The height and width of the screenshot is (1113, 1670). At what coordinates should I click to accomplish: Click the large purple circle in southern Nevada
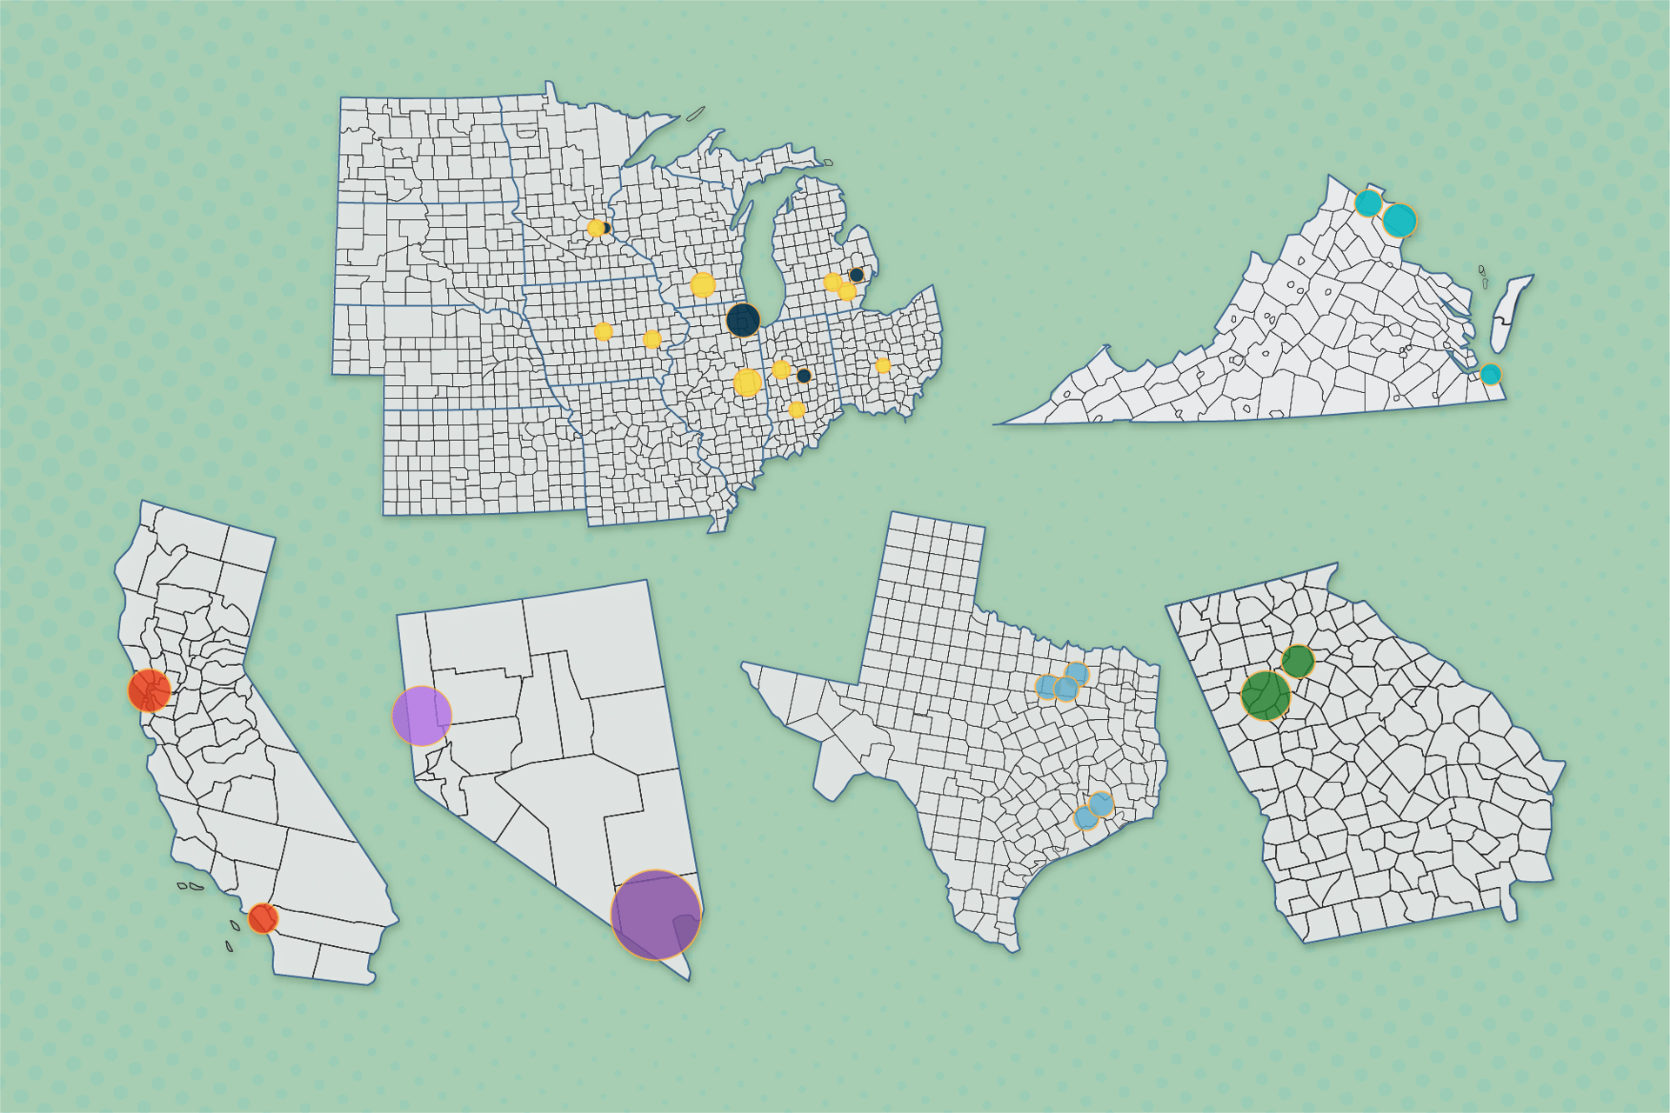pyautogui.click(x=656, y=915)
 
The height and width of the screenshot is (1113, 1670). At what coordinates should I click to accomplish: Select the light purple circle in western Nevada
pyautogui.click(x=422, y=716)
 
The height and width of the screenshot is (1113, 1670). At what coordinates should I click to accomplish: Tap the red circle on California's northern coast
pyautogui.click(x=150, y=690)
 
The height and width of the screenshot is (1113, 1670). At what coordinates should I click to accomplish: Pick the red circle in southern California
pyautogui.click(x=263, y=918)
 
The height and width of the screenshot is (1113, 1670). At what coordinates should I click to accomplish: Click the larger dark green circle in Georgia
pyautogui.click(x=1266, y=696)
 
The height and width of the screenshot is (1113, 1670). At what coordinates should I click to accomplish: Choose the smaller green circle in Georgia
pyautogui.click(x=1298, y=662)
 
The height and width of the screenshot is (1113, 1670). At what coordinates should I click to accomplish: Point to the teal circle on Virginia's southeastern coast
pyautogui.click(x=1491, y=375)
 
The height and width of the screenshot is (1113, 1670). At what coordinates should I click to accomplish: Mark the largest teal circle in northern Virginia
pyautogui.click(x=1399, y=221)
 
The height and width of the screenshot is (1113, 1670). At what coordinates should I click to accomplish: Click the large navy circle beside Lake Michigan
pyautogui.click(x=743, y=320)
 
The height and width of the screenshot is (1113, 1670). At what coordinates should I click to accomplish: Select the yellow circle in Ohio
pyautogui.click(x=883, y=365)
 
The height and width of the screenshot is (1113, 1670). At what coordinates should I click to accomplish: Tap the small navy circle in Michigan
pyautogui.click(x=857, y=275)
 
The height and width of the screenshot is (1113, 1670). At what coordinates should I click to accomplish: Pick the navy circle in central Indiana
pyautogui.click(x=804, y=376)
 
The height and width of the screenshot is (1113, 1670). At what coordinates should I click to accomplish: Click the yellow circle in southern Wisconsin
pyautogui.click(x=703, y=284)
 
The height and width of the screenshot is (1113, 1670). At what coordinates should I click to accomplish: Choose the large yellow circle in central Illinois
pyautogui.click(x=747, y=383)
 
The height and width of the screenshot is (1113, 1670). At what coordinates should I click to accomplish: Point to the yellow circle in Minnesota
pyautogui.click(x=596, y=229)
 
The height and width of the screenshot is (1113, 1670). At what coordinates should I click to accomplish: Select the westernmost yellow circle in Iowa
pyautogui.click(x=603, y=331)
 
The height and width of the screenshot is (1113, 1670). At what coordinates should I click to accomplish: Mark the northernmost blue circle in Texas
pyautogui.click(x=1077, y=674)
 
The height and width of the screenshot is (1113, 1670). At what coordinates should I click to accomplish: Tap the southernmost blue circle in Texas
pyautogui.click(x=1085, y=817)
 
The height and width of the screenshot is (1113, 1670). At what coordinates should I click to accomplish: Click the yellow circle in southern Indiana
pyautogui.click(x=797, y=410)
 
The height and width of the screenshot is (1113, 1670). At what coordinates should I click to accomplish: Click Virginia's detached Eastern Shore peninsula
pyautogui.click(x=1510, y=313)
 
